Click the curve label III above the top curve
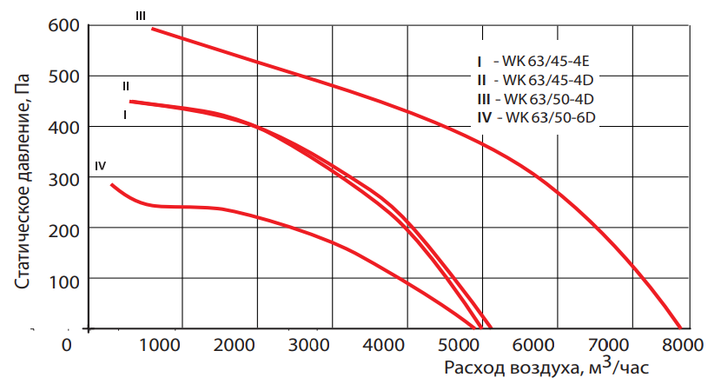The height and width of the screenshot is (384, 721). (141, 15)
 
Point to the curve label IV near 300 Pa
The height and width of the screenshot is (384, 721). (101, 165)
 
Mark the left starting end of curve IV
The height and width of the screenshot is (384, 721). (111, 184)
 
